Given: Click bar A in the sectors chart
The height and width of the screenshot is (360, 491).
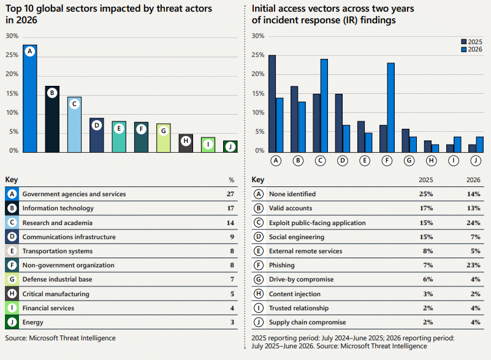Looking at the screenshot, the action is [30, 98].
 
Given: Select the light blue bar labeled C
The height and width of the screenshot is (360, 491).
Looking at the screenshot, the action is [75, 124].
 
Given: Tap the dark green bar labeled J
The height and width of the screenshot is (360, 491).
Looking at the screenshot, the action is [230, 147].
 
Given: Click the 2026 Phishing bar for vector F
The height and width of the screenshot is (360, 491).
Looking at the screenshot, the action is [391, 107].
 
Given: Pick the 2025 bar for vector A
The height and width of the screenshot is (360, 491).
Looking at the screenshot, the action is [272, 104].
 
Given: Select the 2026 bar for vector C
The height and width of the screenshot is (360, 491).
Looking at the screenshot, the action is [324, 105].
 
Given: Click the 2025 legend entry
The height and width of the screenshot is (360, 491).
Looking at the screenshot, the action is [471, 42].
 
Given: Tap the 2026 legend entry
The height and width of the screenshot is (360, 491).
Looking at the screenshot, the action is [471, 49].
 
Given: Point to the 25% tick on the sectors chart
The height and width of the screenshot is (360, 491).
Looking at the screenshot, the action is [12, 55].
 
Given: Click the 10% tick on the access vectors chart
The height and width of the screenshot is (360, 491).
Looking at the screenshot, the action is [258, 112].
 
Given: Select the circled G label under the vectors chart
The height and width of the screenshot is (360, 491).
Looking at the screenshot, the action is [409, 161].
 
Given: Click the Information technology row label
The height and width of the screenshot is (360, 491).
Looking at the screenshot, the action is [58, 208].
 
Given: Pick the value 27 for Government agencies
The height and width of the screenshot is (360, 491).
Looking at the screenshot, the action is [230, 194].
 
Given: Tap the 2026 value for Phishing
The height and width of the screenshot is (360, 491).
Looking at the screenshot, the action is [473, 265].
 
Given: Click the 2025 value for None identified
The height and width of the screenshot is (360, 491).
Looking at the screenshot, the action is [426, 194].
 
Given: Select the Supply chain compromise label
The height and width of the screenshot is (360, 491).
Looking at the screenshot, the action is [307, 322].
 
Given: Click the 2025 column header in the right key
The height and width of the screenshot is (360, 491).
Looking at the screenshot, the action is [426, 180].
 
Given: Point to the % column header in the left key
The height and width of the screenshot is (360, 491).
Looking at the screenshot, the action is [232, 180].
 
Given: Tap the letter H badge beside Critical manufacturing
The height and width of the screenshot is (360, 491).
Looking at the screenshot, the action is [12, 294].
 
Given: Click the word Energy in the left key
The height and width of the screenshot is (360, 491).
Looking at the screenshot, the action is [32, 323].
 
